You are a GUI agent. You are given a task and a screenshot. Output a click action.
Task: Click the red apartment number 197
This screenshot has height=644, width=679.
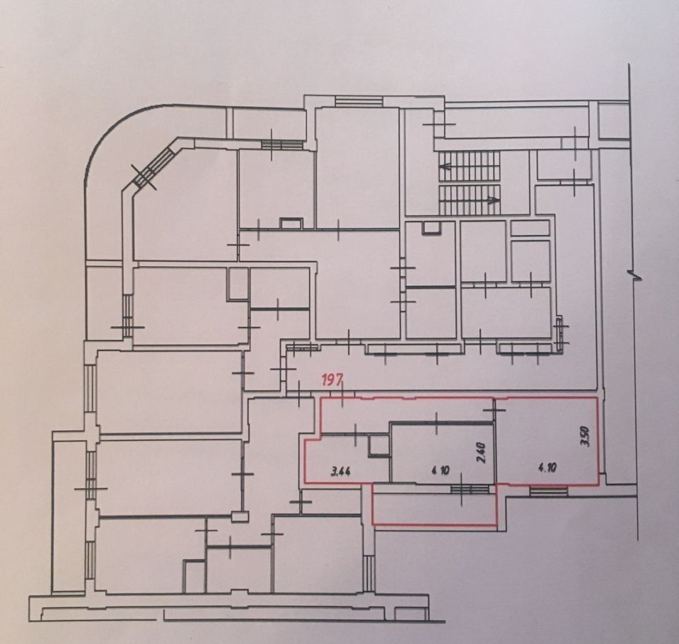click(x=331, y=381)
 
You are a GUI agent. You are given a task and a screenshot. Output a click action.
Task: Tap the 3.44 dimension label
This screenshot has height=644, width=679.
click(x=341, y=471)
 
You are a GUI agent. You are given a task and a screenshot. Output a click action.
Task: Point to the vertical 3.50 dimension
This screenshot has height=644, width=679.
click(x=586, y=437)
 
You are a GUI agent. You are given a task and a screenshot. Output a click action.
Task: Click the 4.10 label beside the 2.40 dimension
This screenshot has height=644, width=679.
click(x=441, y=470)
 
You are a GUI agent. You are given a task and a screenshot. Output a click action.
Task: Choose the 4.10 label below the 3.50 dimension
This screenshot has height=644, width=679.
click(x=547, y=468)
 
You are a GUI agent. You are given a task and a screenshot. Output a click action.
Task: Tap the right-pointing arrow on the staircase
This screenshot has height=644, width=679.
click(x=492, y=200)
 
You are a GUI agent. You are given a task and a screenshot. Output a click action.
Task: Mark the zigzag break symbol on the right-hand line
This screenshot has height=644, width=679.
click(x=635, y=275)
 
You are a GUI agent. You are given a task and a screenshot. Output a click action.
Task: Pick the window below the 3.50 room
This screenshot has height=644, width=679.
click(x=549, y=490)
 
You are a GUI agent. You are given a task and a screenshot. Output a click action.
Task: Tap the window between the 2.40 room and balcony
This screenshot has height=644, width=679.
click(x=470, y=489)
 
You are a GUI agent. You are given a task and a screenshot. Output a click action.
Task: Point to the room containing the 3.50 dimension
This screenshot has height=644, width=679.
click(x=547, y=440)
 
